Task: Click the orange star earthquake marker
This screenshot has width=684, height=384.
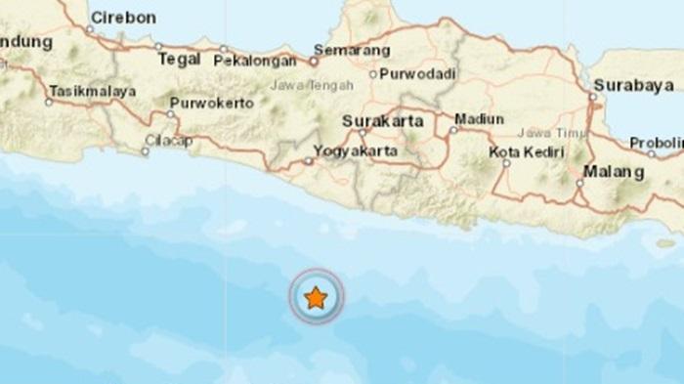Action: [315, 298]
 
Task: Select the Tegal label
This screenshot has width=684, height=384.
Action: [180, 60]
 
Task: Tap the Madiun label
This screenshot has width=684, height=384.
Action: [483, 119]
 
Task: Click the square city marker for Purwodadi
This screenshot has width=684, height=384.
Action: [372, 73]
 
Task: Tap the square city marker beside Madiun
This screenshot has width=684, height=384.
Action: [453, 128]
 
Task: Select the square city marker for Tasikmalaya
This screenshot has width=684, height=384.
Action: [48, 101]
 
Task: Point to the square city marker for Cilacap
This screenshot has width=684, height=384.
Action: [145, 151]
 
